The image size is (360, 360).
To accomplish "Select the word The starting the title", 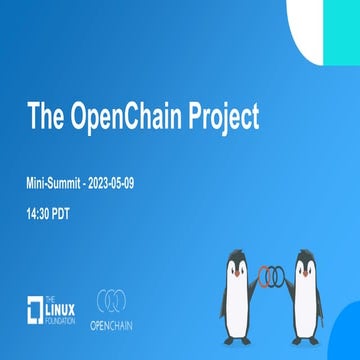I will (x=48, y=117).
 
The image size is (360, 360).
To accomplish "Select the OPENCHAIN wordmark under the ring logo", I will (x=117, y=325).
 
